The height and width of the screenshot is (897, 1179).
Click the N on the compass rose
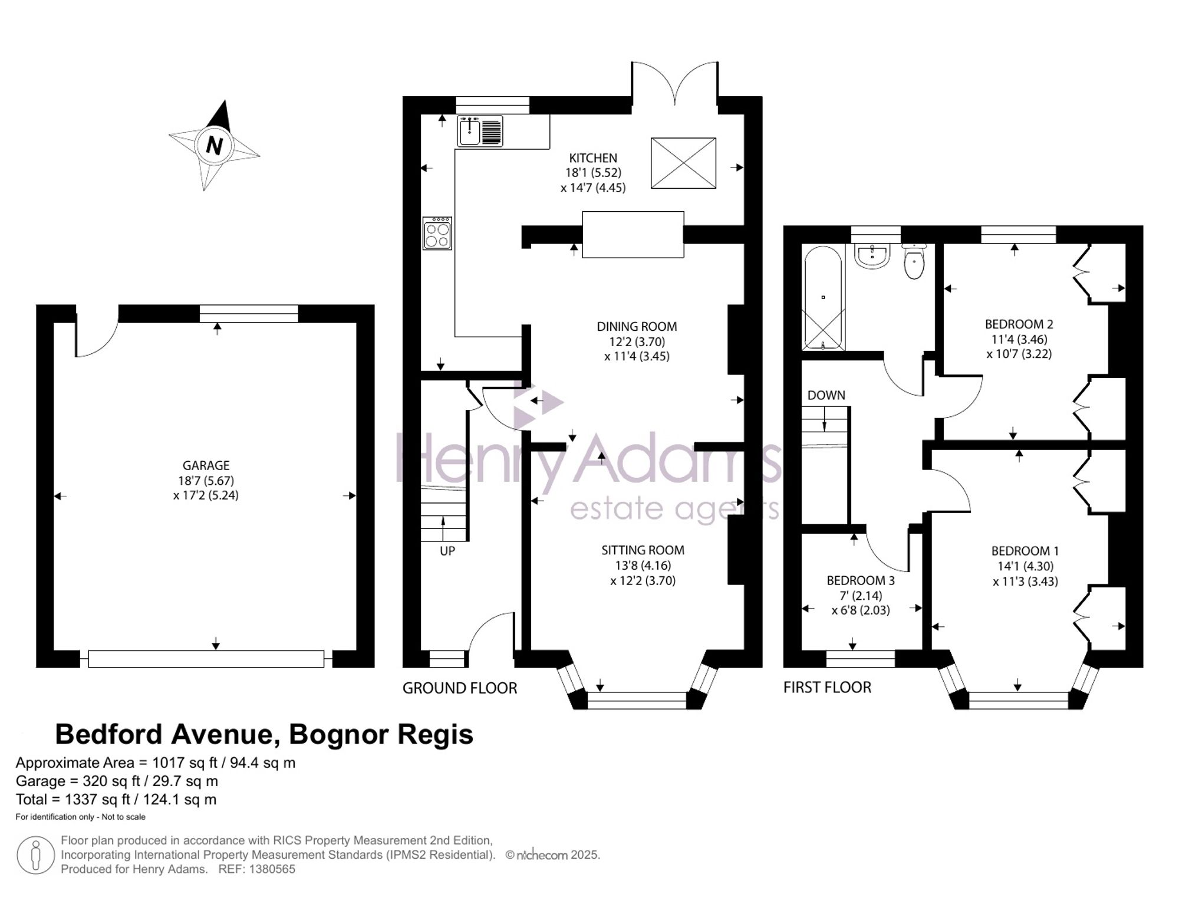pyautogui.click(x=215, y=145)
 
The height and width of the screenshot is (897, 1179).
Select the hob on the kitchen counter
pyautogui.click(x=437, y=234)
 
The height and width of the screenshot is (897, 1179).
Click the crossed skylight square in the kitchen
pyautogui.click(x=683, y=163)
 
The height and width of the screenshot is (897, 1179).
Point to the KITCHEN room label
pyautogui.click(x=593, y=158)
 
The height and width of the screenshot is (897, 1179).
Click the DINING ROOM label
pyautogui.click(x=637, y=327)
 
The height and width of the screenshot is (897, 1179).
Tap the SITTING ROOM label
pyautogui.click(x=643, y=550)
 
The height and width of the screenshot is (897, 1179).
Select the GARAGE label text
pyautogui.click(x=206, y=466)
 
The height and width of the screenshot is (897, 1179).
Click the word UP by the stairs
pyautogui.click(x=447, y=551)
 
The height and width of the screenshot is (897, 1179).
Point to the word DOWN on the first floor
pyautogui.click(x=826, y=396)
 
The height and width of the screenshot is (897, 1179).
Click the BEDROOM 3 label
pyautogui.click(x=861, y=581)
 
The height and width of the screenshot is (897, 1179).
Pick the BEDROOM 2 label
pyautogui.click(x=1019, y=324)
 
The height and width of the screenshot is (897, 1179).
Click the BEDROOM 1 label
pyautogui.click(x=1025, y=551)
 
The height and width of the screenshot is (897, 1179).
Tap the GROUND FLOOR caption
pyautogui.click(x=460, y=688)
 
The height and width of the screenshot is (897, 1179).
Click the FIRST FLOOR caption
pyautogui.click(x=827, y=688)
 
